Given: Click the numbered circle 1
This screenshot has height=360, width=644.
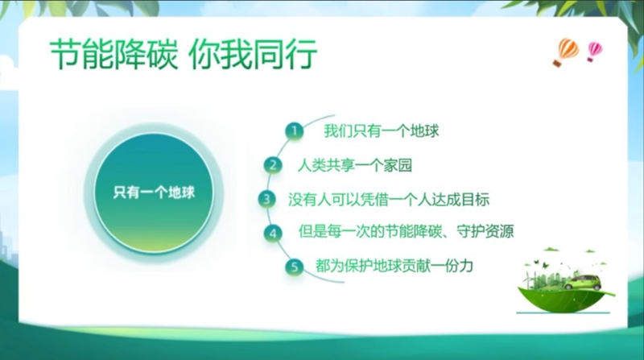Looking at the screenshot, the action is click(x=294, y=131).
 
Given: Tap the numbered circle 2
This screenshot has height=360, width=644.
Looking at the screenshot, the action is click(x=273, y=165).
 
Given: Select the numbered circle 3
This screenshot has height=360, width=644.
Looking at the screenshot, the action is click(x=267, y=199).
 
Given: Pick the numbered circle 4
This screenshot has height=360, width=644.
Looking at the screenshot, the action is click(x=273, y=233).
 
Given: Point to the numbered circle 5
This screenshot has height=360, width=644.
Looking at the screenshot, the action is click(x=294, y=267).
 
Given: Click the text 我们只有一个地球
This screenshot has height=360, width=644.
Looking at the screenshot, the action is click(x=381, y=131).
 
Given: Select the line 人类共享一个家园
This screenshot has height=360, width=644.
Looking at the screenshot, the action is click(x=355, y=165).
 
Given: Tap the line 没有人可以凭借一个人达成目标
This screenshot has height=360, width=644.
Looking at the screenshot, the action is click(x=389, y=199).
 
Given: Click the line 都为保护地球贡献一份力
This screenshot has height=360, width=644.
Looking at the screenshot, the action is click(x=394, y=266).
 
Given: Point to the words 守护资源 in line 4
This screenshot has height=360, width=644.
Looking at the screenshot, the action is click(x=485, y=231).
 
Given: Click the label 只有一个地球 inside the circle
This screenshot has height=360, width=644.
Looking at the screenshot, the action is click(x=154, y=192).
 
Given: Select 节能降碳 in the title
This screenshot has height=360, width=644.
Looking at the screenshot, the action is click(x=114, y=54).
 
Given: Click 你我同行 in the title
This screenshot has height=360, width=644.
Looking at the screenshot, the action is click(x=253, y=54).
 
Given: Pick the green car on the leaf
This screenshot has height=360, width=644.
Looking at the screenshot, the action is click(x=582, y=283).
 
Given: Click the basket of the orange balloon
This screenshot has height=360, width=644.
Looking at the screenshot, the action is click(x=557, y=63).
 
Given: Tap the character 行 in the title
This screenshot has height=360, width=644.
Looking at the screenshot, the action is click(x=301, y=54).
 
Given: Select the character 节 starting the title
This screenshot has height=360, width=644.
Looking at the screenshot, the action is click(x=66, y=54).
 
